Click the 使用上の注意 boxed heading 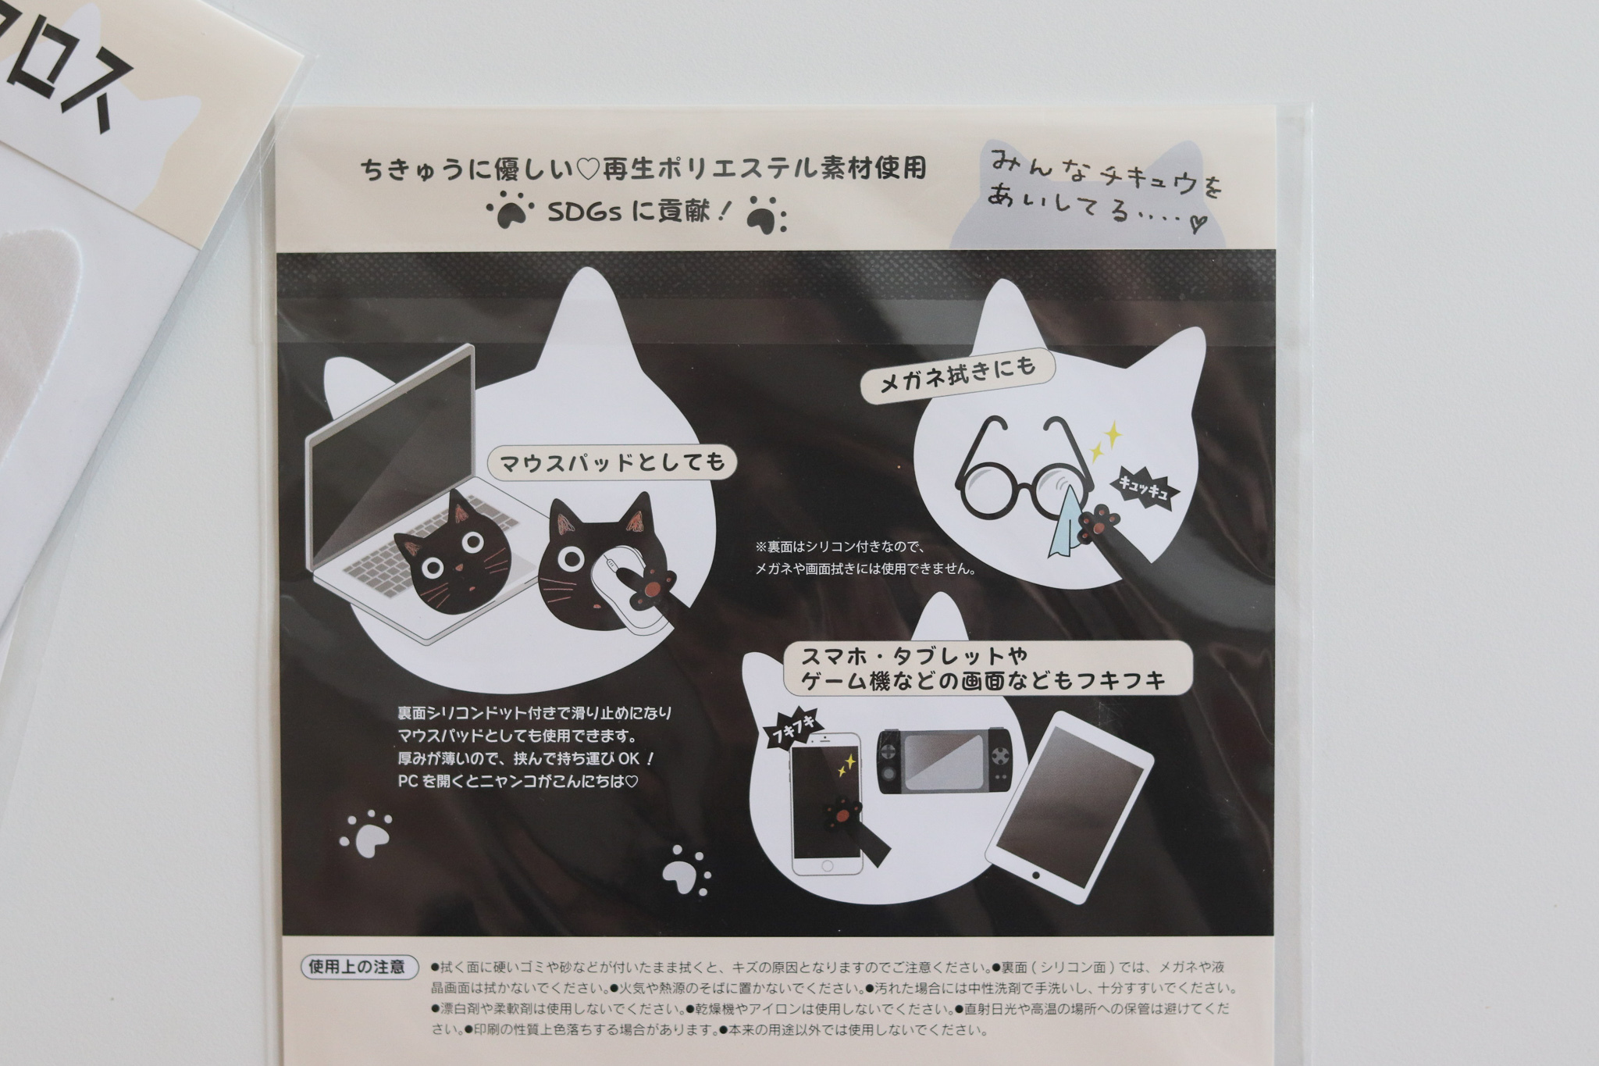tap(357, 966)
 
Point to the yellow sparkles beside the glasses tap(1102, 441)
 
